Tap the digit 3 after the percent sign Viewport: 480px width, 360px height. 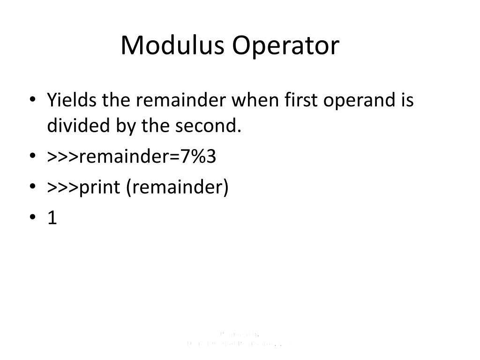211,157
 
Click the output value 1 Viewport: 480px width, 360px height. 52,218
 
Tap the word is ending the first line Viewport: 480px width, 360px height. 407,100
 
